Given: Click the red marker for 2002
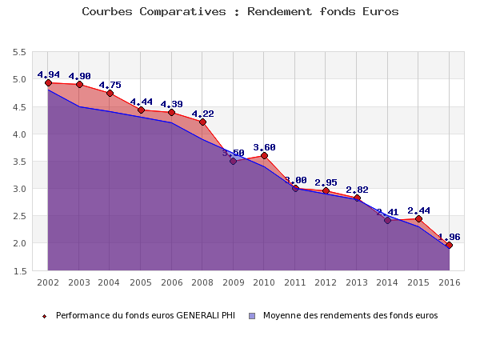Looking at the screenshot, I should pyautogui.click(x=48, y=82).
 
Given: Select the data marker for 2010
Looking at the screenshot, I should pyautogui.click(x=264, y=155).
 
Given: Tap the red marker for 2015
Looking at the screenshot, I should pyautogui.click(x=418, y=218).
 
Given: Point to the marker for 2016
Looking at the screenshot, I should pyautogui.click(x=449, y=245).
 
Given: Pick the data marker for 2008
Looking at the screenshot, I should pyautogui.click(x=202, y=122).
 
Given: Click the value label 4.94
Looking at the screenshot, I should pyautogui.click(x=48, y=75).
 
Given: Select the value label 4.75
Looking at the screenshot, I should pyautogui.click(x=110, y=85).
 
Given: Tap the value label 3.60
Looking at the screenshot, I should pyautogui.click(x=264, y=147).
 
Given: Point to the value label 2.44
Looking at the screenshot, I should pyautogui.click(x=418, y=210).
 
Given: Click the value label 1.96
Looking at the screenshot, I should pyautogui.click(x=449, y=237).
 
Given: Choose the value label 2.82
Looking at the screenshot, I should pyautogui.click(x=357, y=190).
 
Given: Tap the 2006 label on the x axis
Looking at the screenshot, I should pyautogui.click(x=171, y=282).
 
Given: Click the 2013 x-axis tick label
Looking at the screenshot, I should pyautogui.click(x=357, y=282).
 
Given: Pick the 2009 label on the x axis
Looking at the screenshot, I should pyautogui.click(x=233, y=282).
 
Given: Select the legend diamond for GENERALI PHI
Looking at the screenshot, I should pyautogui.click(x=45, y=316).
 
